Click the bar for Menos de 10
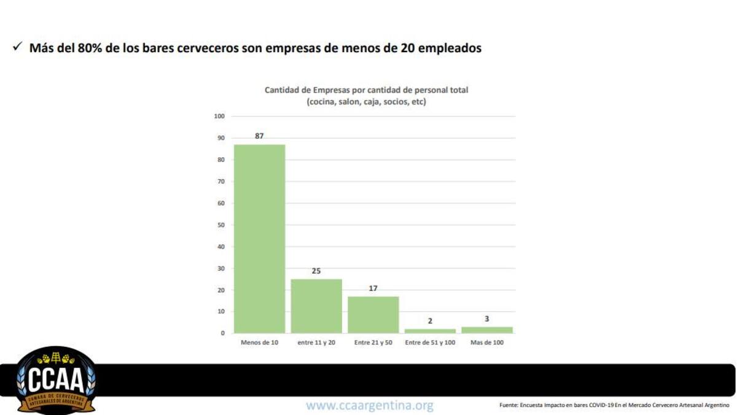(x=259, y=239)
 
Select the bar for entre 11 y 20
(x=316, y=306)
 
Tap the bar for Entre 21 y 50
(x=373, y=314)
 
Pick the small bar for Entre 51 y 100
(x=430, y=331)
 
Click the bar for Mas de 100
(x=487, y=330)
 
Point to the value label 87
(x=259, y=136)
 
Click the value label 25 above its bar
(x=316, y=271)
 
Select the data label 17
(x=373, y=288)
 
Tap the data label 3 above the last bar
(x=487, y=319)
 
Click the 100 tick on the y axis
(x=220, y=116)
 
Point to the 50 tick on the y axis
(x=221, y=225)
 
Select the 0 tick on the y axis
(x=223, y=333)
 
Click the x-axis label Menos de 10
(x=259, y=343)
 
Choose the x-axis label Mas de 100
(x=487, y=343)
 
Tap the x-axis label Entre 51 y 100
(x=430, y=343)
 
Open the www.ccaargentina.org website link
(x=370, y=406)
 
